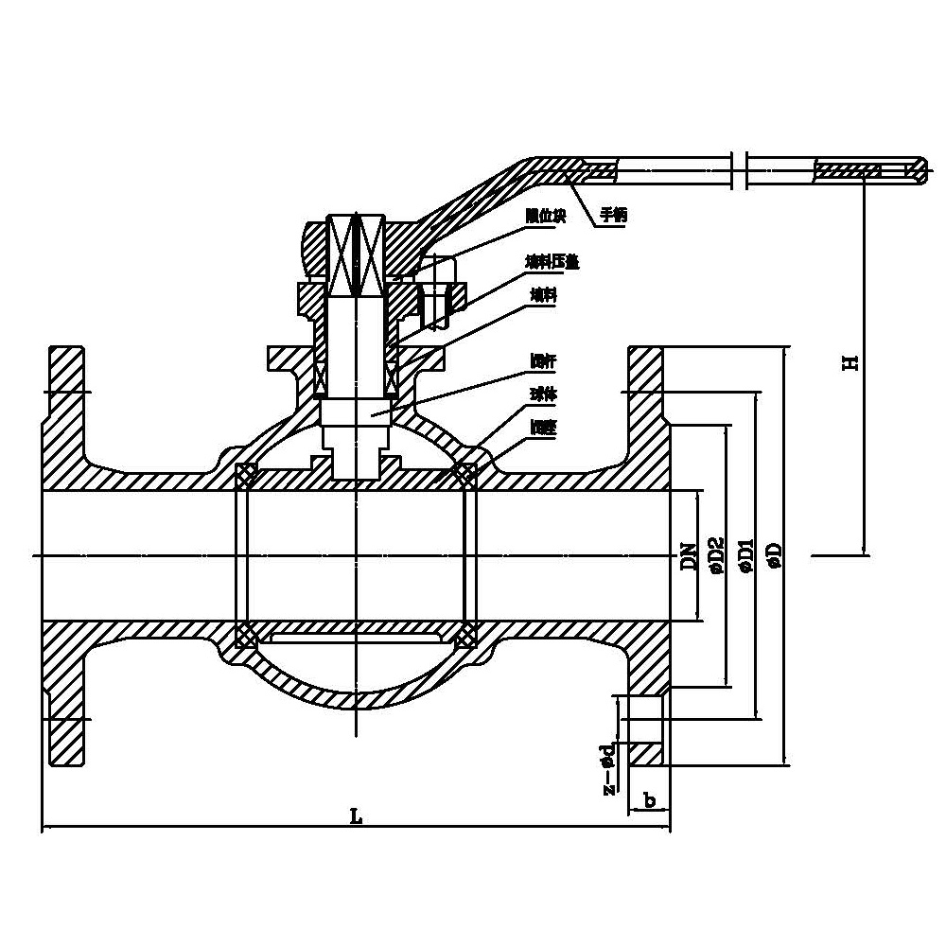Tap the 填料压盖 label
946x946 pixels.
(x=552, y=262)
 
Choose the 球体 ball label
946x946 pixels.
(x=543, y=391)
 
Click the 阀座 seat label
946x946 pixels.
(x=543, y=428)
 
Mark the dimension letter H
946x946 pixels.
(x=851, y=360)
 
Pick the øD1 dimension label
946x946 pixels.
(x=746, y=556)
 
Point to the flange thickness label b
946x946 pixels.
(x=650, y=800)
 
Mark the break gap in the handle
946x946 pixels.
(x=741, y=170)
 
